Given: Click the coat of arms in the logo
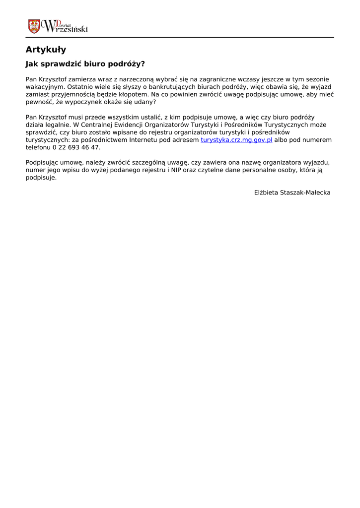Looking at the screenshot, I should [x=34, y=26].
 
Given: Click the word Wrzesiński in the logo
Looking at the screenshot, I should [x=65, y=28].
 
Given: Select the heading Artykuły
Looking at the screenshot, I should [x=46, y=50].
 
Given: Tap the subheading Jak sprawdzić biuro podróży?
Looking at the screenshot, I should [x=85, y=64].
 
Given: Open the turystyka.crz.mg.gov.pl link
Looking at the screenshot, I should [x=236, y=140].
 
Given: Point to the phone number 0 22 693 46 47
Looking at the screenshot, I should [x=76, y=148].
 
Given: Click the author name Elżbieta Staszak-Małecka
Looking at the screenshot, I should [x=292, y=192].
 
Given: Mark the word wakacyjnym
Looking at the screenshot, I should [x=44, y=87].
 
